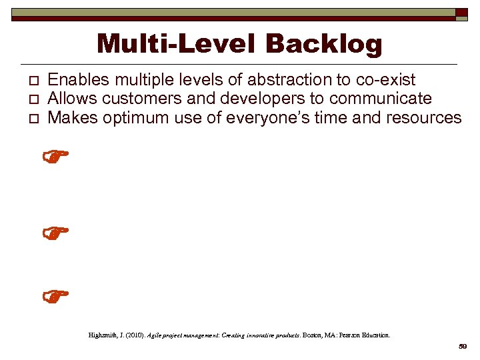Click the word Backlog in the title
click(x=324, y=45)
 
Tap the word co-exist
click(x=385, y=80)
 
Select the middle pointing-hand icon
click(x=56, y=234)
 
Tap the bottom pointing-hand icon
click(x=56, y=295)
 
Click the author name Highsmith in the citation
click(x=104, y=335)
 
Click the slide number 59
click(x=463, y=347)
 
